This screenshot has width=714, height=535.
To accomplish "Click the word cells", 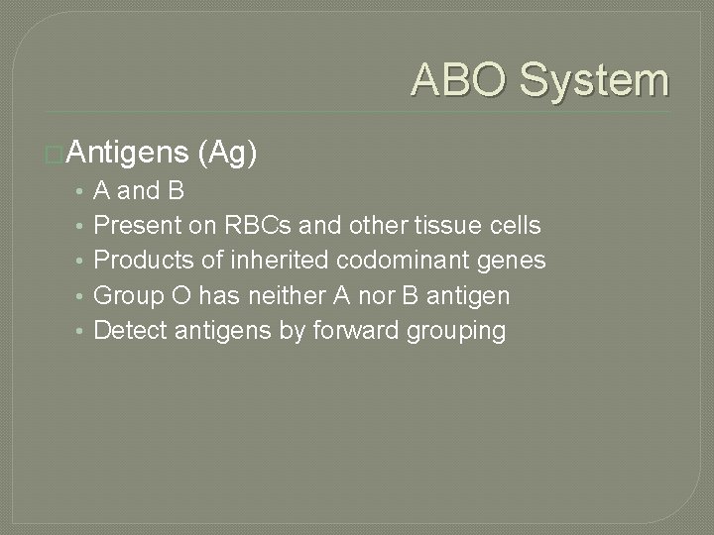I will tap(511, 225).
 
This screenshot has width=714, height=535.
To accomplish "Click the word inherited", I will tap(273, 261).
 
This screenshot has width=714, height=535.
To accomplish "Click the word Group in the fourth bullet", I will tap(125, 295).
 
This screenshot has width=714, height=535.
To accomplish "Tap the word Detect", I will tap(130, 330).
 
